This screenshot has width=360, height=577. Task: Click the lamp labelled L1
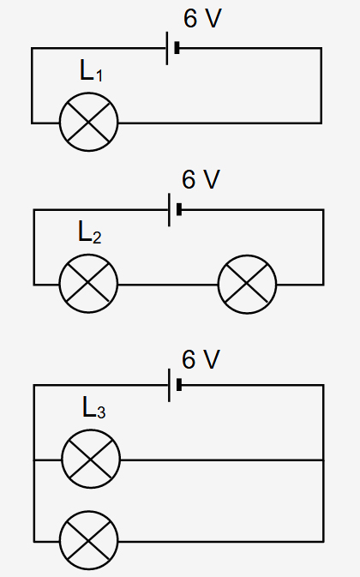pos(88,122)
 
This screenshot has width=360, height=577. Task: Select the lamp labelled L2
pos(88,284)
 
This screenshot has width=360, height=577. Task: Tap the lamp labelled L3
pos(91,460)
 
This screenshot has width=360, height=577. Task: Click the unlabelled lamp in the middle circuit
pos(247,284)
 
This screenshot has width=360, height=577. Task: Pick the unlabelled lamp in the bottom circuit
pos(88,541)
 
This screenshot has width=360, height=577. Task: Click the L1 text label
pos(91,70)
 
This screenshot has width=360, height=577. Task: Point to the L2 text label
pos(90,231)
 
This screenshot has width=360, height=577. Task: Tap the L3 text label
pos(93,407)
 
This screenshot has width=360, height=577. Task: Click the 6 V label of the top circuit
pos(202,18)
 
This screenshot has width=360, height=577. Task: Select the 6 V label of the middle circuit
pos(201,179)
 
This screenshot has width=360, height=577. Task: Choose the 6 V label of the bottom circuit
pos(201,359)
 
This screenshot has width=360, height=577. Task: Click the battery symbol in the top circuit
pos(173,48)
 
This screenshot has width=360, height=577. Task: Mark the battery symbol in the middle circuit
pos(175,210)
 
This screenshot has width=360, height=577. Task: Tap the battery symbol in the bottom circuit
pos(175,385)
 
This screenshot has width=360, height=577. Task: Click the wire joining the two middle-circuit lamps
pos(168,285)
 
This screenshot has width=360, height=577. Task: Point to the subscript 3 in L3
pos(101,412)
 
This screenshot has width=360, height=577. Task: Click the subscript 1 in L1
pos(99,75)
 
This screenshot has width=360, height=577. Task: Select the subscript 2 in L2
pos(97,237)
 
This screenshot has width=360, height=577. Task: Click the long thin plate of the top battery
pos(167,48)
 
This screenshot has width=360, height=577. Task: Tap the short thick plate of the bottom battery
pos(179,385)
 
